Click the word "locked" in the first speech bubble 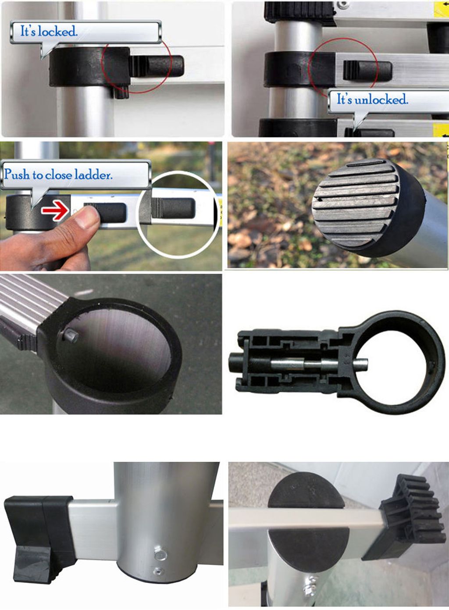tap(58, 32)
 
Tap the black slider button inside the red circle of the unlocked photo tap(367, 71)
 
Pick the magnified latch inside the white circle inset tap(173, 208)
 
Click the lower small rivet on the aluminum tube tap(157, 570)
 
